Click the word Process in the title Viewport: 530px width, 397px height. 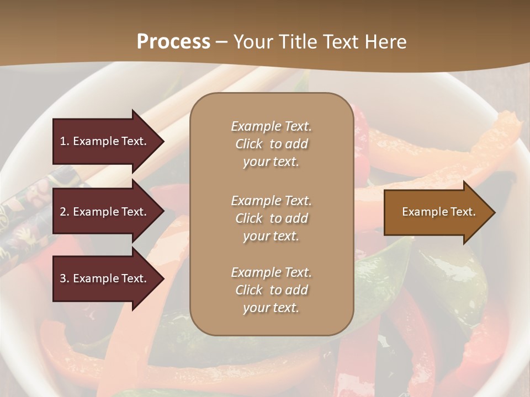point(173,42)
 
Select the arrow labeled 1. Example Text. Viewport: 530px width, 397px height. point(105,141)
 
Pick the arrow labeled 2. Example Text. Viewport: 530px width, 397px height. point(105,212)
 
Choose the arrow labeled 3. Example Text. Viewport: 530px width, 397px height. point(105,278)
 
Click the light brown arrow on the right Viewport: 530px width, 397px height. point(436,212)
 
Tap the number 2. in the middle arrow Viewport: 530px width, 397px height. point(65,212)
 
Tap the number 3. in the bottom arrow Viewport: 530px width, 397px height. point(65,278)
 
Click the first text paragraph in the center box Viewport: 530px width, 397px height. point(271,144)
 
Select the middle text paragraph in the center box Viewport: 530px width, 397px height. point(271,218)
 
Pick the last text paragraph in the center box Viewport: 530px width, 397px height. point(271,290)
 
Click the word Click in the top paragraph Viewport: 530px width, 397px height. point(249,144)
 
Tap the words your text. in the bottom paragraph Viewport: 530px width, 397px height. point(271,308)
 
